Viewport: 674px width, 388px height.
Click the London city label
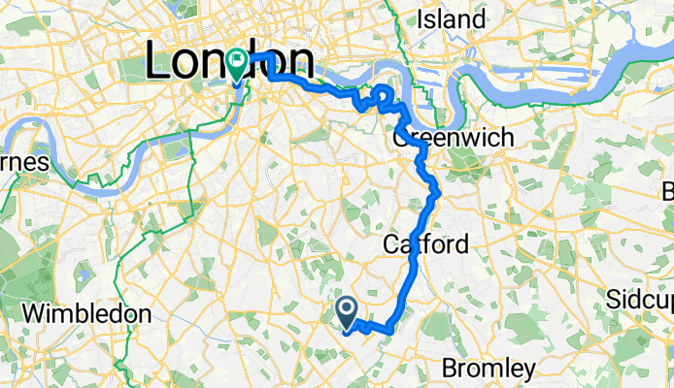[230, 63]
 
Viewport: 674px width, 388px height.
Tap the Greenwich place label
[454, 139]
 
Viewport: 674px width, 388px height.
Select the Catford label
[425, 242]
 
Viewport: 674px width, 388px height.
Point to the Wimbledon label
[86, 314]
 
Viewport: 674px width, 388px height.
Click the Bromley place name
[488, 369]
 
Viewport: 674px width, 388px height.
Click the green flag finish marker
[238, 64]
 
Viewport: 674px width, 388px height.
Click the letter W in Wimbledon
[32, 314]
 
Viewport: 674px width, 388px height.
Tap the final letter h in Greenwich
[508, 139]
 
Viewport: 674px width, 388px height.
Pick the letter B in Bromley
[449, 369]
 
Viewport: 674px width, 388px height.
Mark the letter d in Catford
[462, 242]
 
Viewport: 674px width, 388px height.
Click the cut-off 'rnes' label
[24, 162]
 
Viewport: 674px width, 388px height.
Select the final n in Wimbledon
[146, 314]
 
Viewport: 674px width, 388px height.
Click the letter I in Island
[420, 18]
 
